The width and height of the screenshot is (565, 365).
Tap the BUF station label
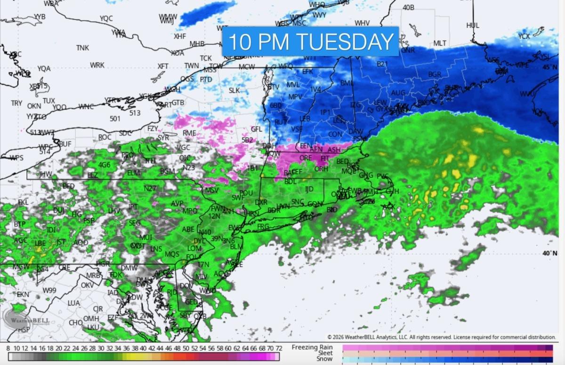pos(65,143)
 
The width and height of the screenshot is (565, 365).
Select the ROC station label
pos(105,137)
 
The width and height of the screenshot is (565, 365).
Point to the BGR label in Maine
pos(435,74)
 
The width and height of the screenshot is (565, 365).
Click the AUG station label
pos(398,93)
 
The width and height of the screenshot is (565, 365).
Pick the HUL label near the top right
pos(473,25)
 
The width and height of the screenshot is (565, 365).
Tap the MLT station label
pos(440,43)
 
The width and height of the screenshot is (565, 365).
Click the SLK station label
pos(234,90)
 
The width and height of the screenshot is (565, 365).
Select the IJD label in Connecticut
pos(309,189)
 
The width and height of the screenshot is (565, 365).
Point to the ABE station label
pos(188,229)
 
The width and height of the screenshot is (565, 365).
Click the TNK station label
pos(82,48)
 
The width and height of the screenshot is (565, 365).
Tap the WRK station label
pos(97,65)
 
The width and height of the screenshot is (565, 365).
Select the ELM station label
pos(134,173)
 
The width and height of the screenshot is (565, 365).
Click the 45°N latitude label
pos(549,67)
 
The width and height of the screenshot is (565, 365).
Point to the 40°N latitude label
pos(549,253)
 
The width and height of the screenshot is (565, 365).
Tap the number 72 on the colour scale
pos(279,348)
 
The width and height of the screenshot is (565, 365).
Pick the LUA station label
pos(73,303)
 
